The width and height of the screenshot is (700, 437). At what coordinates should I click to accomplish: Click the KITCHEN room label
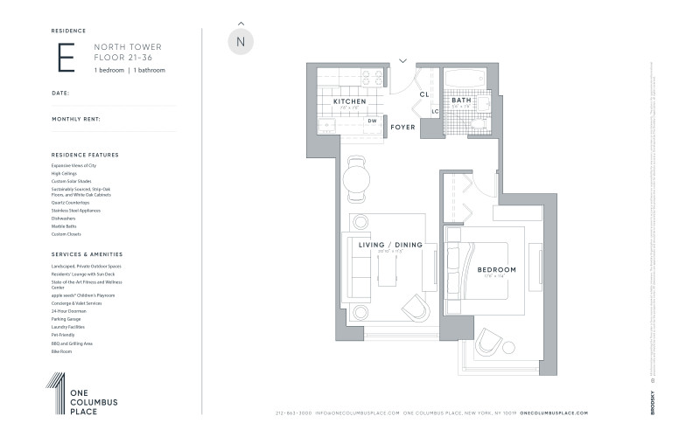pos(350,101)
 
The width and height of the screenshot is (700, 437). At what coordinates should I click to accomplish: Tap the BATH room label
pos(461,101)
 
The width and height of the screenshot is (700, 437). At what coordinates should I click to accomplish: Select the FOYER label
pos(402,128)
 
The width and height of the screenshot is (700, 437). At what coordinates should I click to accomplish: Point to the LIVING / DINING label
pos(390,245)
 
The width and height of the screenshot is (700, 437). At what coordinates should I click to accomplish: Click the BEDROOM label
pos(496,269)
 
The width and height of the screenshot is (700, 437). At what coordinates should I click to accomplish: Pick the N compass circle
pos(241,41)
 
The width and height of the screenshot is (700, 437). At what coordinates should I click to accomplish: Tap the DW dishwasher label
pos(372,121)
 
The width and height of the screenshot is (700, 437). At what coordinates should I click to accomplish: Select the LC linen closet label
pos(434,111)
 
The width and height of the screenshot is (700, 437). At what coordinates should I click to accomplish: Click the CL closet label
pos(423,94)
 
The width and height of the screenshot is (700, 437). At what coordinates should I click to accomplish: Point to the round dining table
pos(356,182)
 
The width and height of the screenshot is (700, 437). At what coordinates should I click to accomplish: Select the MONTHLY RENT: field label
pos(76,118)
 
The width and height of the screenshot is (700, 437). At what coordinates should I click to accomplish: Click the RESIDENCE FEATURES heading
pos(85,155)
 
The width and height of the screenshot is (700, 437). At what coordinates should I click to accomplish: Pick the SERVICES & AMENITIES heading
pos(87,253)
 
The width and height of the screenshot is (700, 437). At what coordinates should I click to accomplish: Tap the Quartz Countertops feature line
pos(72,203)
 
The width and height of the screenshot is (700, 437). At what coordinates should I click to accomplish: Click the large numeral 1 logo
pos(56,392)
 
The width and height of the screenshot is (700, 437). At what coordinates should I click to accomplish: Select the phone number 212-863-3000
pos(292,413)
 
